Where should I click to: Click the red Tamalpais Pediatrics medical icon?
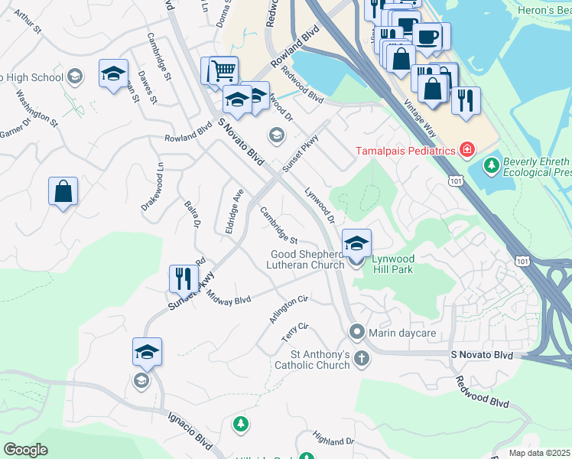pos(466,150)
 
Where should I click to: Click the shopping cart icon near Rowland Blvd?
pos(223,71)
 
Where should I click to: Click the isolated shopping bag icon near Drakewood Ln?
pos(63,191)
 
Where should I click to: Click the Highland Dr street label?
pos(333,439)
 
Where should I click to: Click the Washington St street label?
pos(37,108)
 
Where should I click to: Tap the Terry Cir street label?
pos(294,332)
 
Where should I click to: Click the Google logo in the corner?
pos(25,450)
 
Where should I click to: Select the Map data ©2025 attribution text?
pos(540,453)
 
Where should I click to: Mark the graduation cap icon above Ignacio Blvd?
pos(147,352)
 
